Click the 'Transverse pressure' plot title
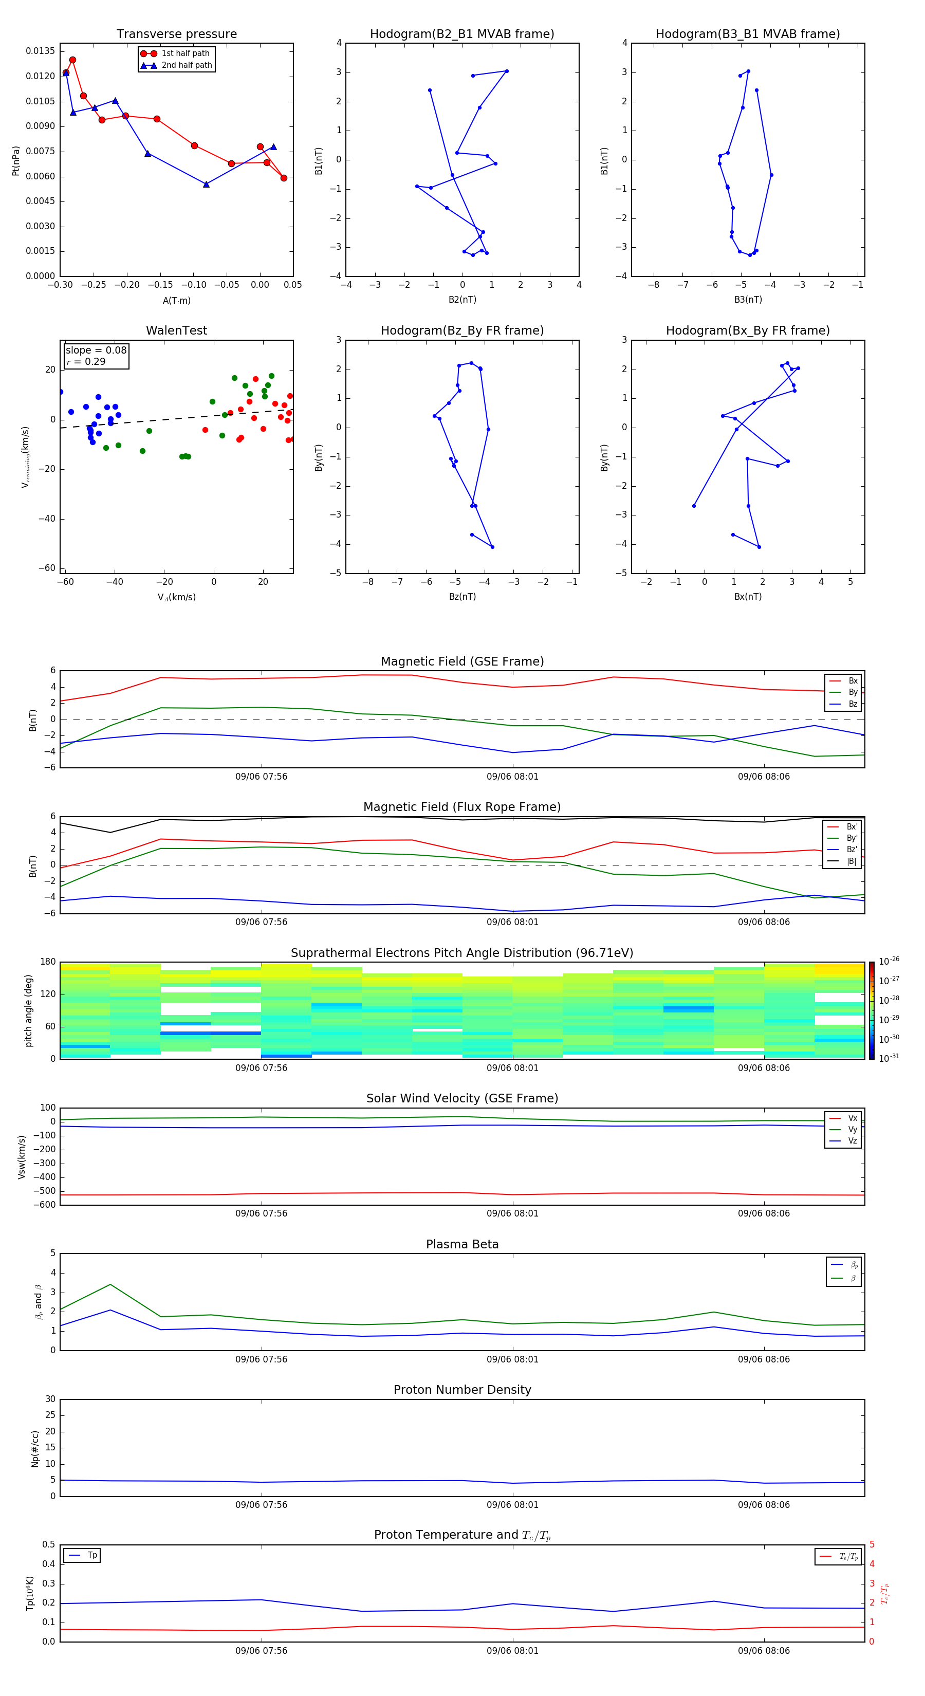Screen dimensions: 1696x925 click(176, 34)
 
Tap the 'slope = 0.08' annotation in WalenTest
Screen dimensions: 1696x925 click(96, 351)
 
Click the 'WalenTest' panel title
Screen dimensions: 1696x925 click(176, 330)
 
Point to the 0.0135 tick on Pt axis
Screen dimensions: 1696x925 click(40, 51)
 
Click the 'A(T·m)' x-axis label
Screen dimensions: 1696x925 click(176, 301)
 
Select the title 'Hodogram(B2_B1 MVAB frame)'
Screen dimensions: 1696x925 click(461, 34)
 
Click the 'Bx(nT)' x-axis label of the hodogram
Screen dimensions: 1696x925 click(748, 597)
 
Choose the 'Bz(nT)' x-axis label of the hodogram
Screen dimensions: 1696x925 click(462, 597)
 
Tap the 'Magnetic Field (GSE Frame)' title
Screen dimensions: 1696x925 click(462, 661)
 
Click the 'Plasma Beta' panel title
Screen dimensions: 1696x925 click(462, 1244)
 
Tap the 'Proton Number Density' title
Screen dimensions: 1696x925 click(462, 1390)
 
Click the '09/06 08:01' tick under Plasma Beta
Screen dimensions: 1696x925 click(512, 1359)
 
